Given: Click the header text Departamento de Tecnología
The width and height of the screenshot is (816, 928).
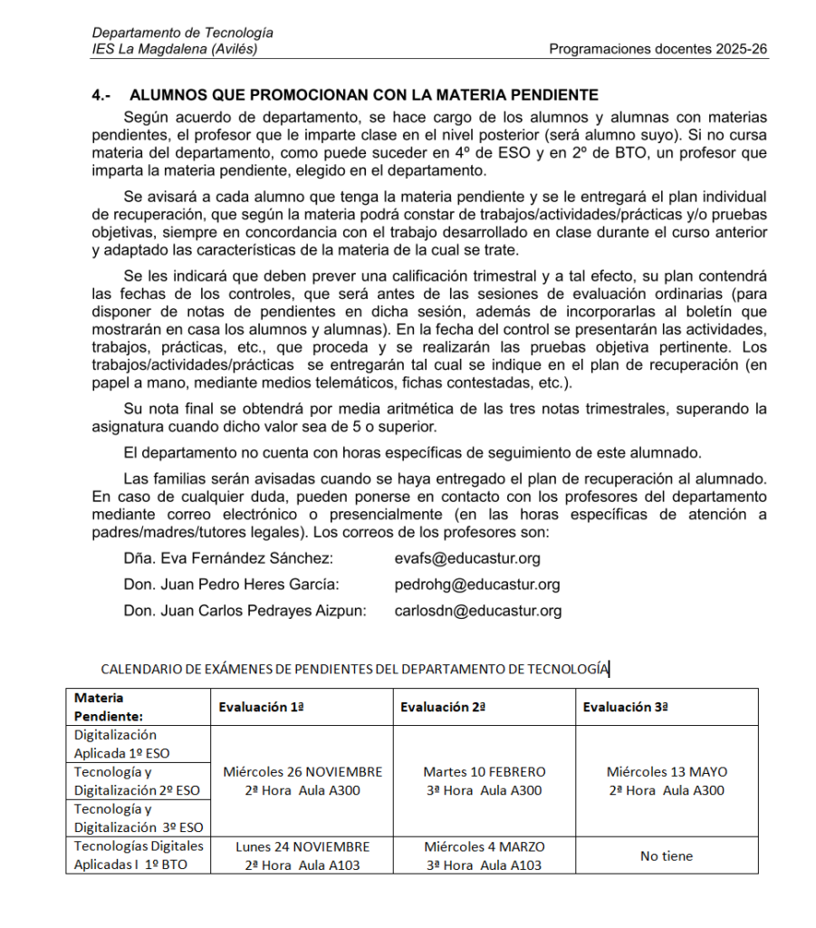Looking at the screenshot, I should (182, 34).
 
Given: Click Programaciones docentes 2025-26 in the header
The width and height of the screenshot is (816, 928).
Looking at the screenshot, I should (658, 49).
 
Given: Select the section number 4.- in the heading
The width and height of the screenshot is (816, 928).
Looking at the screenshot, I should (101, 94).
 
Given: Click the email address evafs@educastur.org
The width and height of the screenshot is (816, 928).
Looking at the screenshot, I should (467, 558).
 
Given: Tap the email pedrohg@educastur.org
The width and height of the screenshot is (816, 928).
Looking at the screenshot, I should (477, 585).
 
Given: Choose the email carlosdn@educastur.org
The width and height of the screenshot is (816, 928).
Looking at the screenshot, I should (478, 611).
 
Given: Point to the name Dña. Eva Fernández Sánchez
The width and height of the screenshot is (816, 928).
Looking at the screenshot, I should (228, 558).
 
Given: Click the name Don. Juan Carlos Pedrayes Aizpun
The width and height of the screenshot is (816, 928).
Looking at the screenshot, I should (245, 611).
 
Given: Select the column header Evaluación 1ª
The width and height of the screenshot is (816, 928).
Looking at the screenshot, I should (261, 708).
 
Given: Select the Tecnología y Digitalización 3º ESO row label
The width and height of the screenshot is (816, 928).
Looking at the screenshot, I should (138, 817).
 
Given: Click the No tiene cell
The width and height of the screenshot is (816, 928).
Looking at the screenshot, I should (667, 855).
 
